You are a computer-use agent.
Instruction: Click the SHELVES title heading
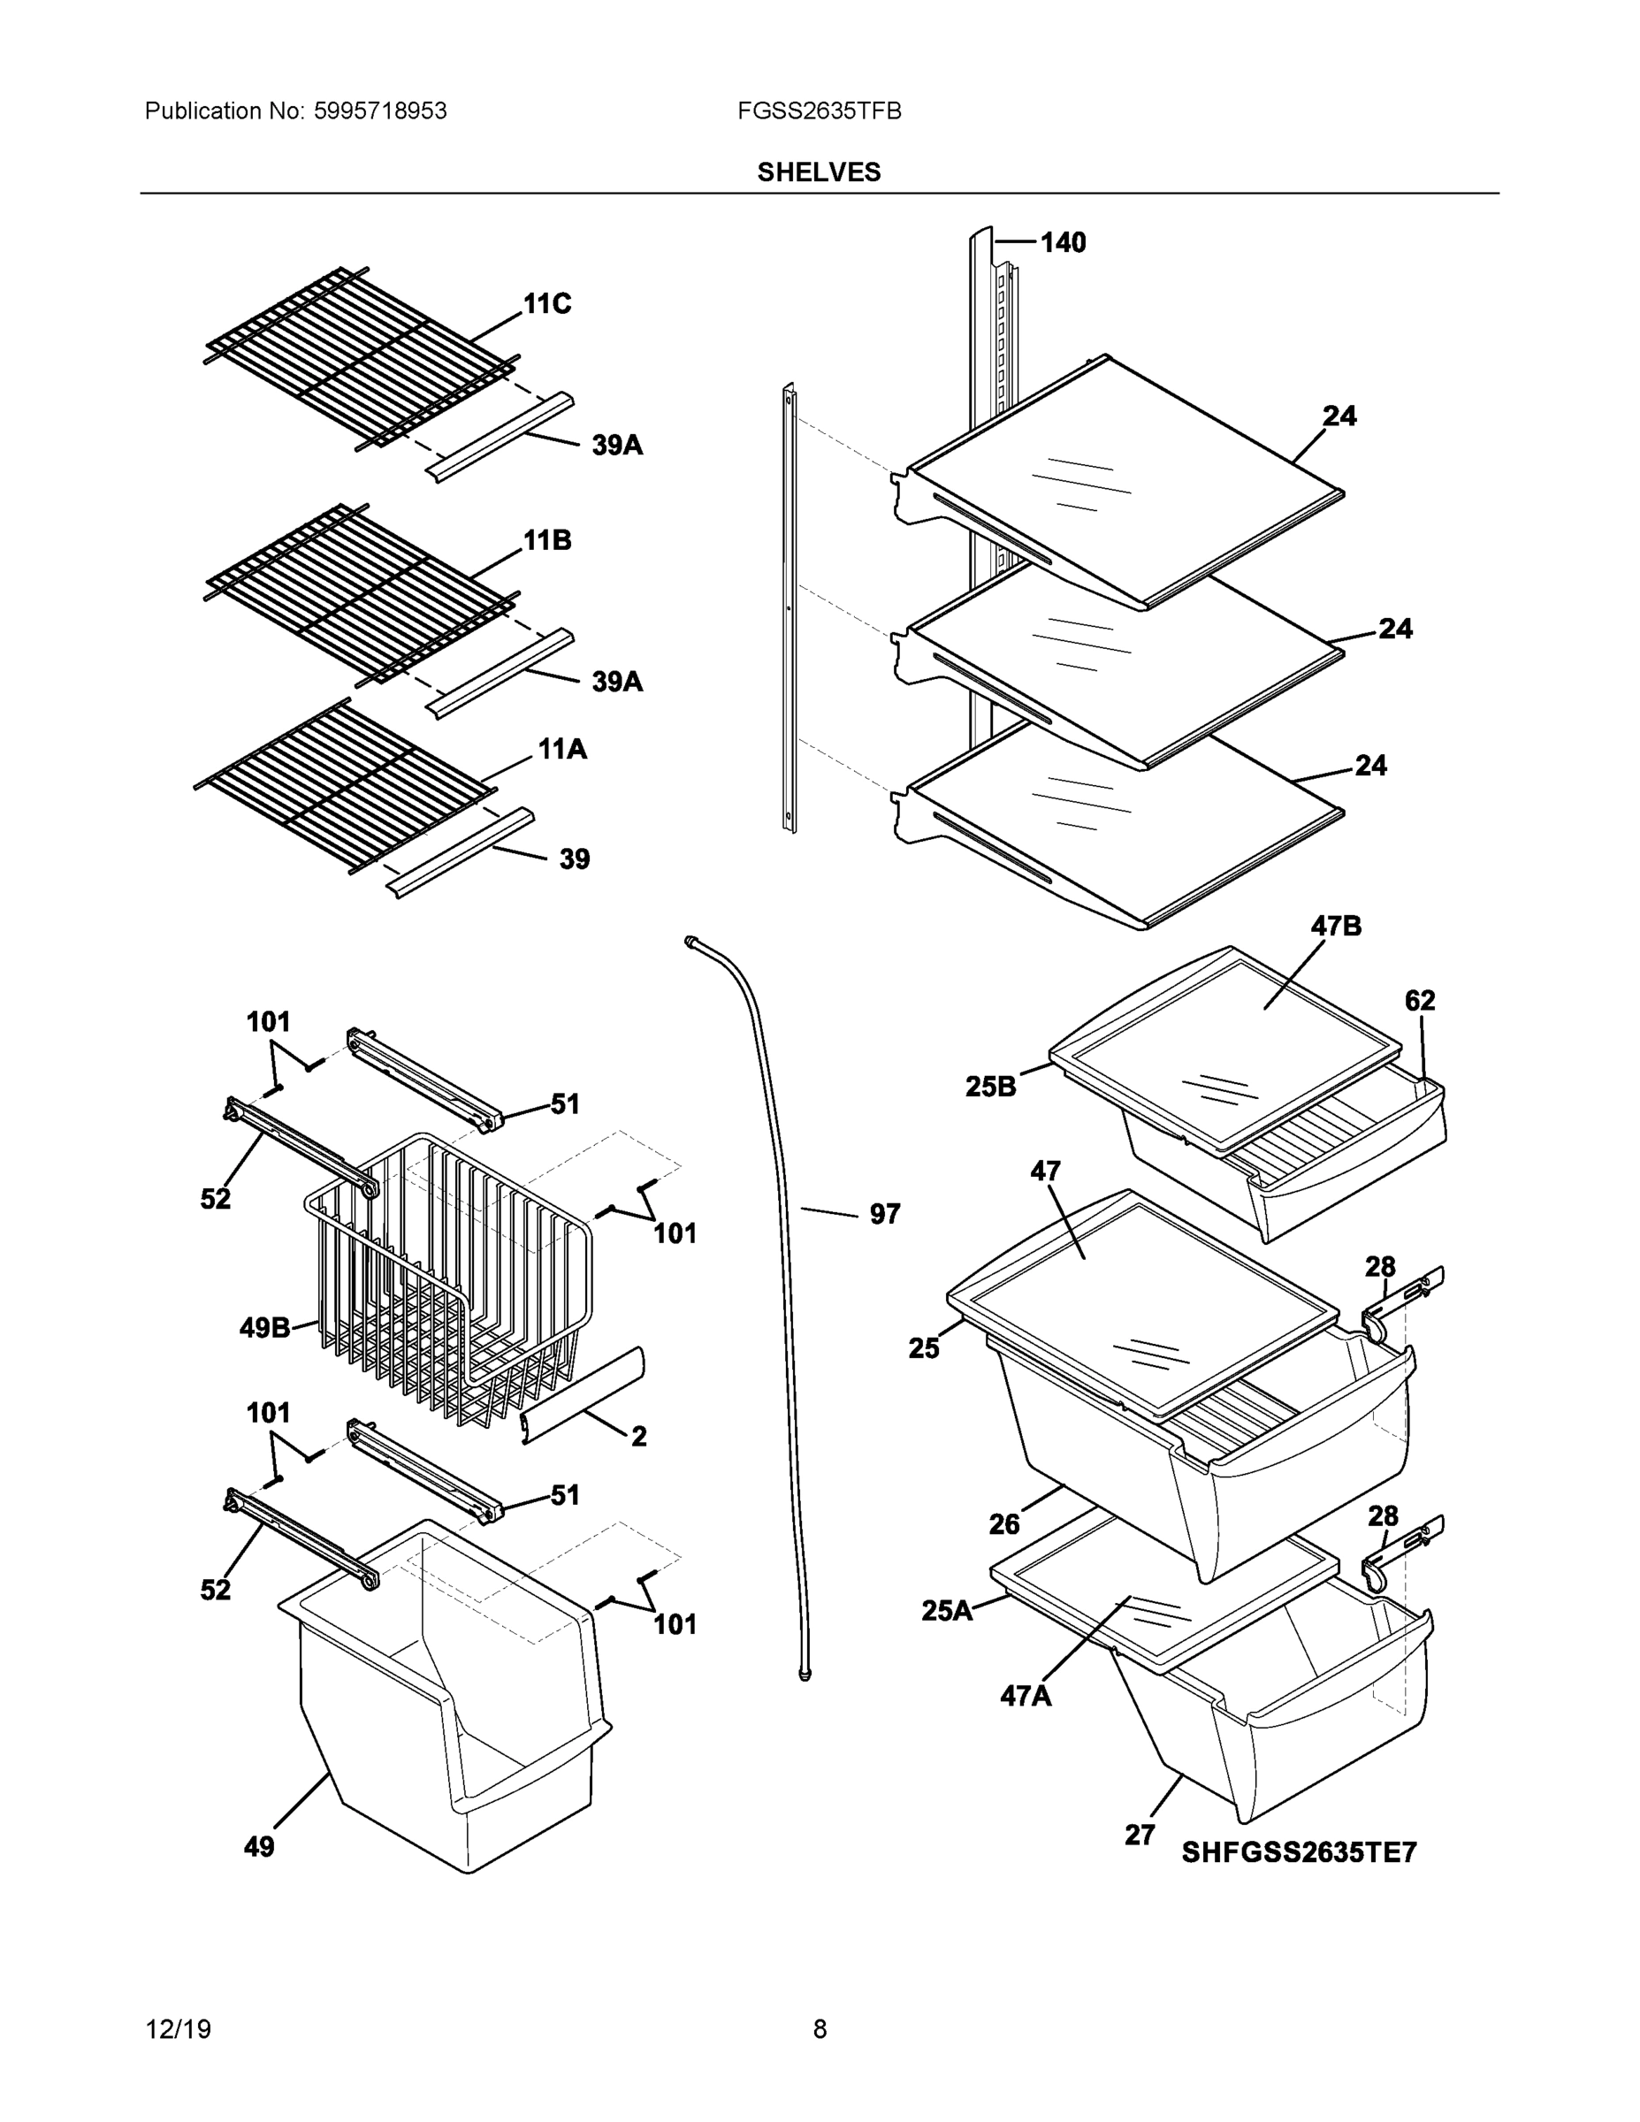818,172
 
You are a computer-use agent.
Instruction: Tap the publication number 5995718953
380,111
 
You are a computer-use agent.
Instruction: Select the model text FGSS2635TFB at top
818,111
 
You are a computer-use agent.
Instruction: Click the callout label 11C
547,304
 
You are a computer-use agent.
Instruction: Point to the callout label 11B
547,540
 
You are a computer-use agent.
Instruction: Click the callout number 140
1063,242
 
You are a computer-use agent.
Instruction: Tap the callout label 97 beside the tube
884,1214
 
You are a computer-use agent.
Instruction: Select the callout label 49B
264,1327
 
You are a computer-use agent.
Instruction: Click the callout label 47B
1336,926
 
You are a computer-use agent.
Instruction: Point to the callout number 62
1420,1000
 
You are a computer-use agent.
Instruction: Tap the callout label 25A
946,1611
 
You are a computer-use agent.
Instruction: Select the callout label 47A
1026,1697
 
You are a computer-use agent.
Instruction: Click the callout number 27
1140,1836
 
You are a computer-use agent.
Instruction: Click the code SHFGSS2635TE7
1298,1853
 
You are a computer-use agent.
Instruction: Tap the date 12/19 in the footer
178,2029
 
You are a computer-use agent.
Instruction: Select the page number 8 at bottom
819,2029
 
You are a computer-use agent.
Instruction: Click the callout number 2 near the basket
638,1436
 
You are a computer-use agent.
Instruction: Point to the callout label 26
1003,1524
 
